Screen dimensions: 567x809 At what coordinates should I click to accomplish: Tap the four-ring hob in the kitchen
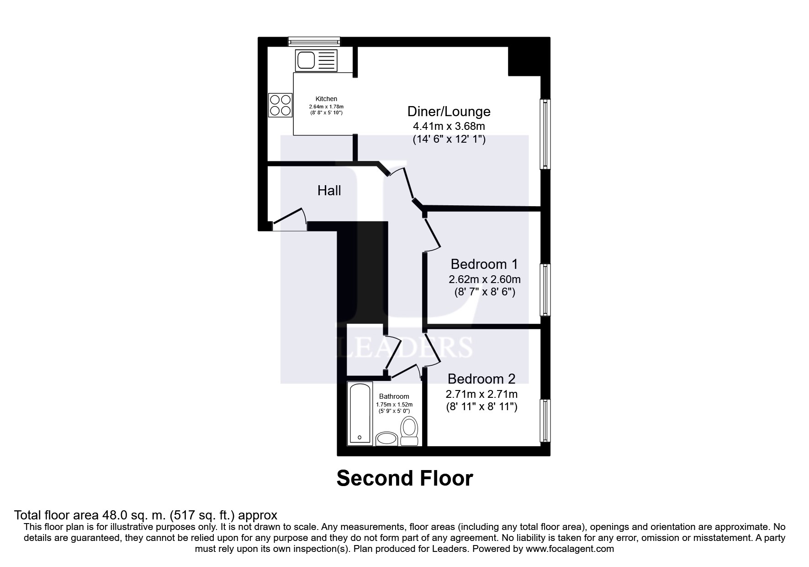point(280,105)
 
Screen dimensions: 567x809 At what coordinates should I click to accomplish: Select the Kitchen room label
point(326,99)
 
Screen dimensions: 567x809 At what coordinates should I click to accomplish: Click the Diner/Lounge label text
point(449,111)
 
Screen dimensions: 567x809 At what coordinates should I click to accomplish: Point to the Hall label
point(329,191)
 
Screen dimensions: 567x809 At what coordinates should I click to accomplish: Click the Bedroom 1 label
point(484,264)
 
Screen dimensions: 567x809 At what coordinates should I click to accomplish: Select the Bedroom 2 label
point(481,379)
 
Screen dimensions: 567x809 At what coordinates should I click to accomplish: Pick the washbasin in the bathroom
point(386,439)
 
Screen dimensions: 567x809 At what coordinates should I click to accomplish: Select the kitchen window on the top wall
point(314,42)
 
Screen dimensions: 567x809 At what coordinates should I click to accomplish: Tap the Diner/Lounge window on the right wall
point(545,134)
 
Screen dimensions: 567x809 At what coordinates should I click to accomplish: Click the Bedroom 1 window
point(545,289)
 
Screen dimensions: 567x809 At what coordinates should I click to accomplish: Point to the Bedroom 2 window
point(545,420)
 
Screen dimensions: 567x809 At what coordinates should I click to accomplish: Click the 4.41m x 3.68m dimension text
point(449,126)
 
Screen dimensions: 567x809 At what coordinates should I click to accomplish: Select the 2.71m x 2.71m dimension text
point(481,394)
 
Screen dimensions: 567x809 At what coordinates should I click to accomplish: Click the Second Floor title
point(404,478)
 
